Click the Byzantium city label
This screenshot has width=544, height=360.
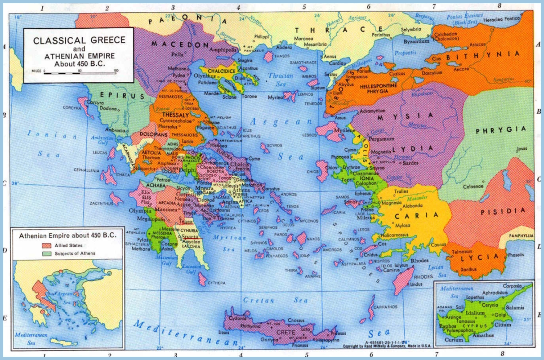(x=416, y=41)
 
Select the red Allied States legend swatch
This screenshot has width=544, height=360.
(x=47, y=246)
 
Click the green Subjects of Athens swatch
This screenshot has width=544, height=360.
(x=47, y=254)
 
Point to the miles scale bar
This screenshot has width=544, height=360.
(x=80, y=73)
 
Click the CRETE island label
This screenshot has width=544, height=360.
(x=286, y=332)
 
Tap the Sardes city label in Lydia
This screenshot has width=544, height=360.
(x=411, y=163)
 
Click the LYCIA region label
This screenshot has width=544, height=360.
(x=479, y=258)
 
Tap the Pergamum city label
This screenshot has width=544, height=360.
(x=382, y=139)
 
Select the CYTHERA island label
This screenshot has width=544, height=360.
(x=217, y=283)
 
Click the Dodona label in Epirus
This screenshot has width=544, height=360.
(x=108, y=109)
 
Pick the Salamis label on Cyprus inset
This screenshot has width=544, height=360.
(x=515, y=307)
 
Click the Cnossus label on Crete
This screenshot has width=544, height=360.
(x=296, y=320)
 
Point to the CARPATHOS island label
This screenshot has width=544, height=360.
(x=385, y=307)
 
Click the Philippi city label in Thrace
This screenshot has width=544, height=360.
(x=261, y=37)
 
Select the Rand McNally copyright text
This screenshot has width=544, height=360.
(x=387, y=346)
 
